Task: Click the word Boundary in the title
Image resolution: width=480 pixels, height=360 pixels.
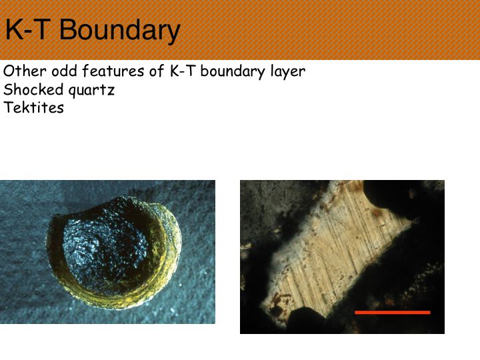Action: pyautogui.click(x=120, y=31)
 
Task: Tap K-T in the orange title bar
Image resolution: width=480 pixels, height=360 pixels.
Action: pyautogui.click(x=28, y=29)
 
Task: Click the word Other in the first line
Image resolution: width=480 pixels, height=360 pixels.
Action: pyautogui.click(x=25, y=71)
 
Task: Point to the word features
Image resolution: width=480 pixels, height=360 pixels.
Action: pyautogui.click(x=113, y=71)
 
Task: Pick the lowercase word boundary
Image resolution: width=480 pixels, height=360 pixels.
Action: pyautogui.click(x=233, y=71)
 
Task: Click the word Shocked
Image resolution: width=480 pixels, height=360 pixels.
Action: pyautogui.click(x=33, y=89)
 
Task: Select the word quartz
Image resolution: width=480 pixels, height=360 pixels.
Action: pyautogui.click(x=91, y=91)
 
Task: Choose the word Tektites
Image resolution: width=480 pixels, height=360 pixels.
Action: pyautogui.click(x=34, y=107)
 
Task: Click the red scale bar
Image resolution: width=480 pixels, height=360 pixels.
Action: pyautogui.click(x=393, y=312)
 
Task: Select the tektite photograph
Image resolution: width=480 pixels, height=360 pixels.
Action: pyautogui.click(x=107, y=252)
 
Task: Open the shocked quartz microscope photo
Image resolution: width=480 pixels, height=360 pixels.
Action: pyautogui.click(x=342, y=257)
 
